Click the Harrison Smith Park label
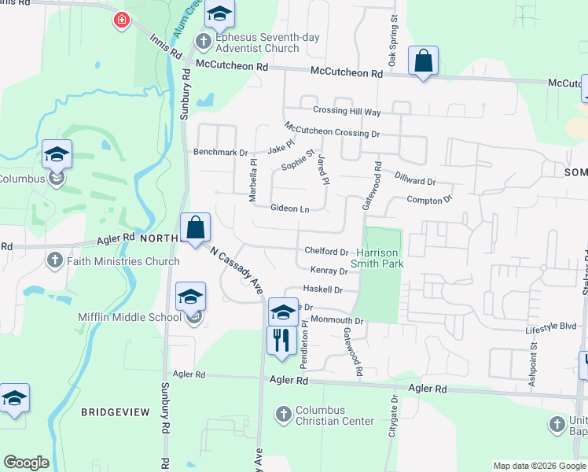pyautogui.click(x=380, y=258)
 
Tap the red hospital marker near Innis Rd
pyautogui.click(x=121, y=20)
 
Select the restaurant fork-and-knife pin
pyautogui.click(x=281, y=341)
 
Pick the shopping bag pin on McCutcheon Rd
pyautogui.click(x=423, y=61)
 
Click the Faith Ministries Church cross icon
pyautogui.click(x=55, y=260)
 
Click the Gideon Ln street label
pyautogui.click(x=289, y=208)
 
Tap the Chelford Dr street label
pyautogui.click(x=326, y=252)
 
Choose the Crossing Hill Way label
pyautogui.click(x=347, y=112)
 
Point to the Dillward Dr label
pyautogui.click(x=416, y=181)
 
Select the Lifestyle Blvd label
pyautogui.click(x=551, y=324)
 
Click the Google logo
pyautogui.click(x=25, y=463)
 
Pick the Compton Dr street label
pyautogui.click(x=429, y=200)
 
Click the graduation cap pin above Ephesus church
pyautogui.click(x=220, y=16)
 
